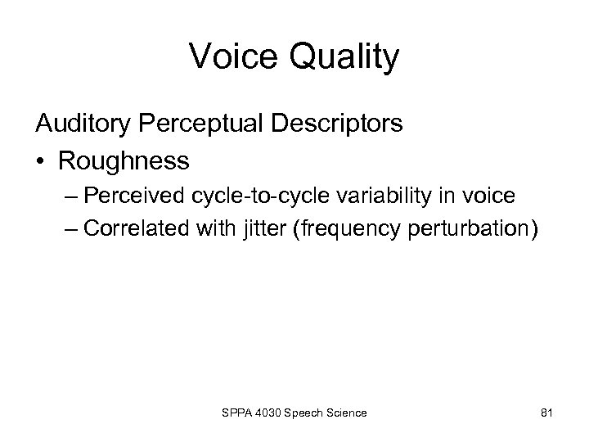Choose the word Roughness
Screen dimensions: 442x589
click(123, 160)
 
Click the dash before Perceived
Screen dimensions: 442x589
click(70, 196)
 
